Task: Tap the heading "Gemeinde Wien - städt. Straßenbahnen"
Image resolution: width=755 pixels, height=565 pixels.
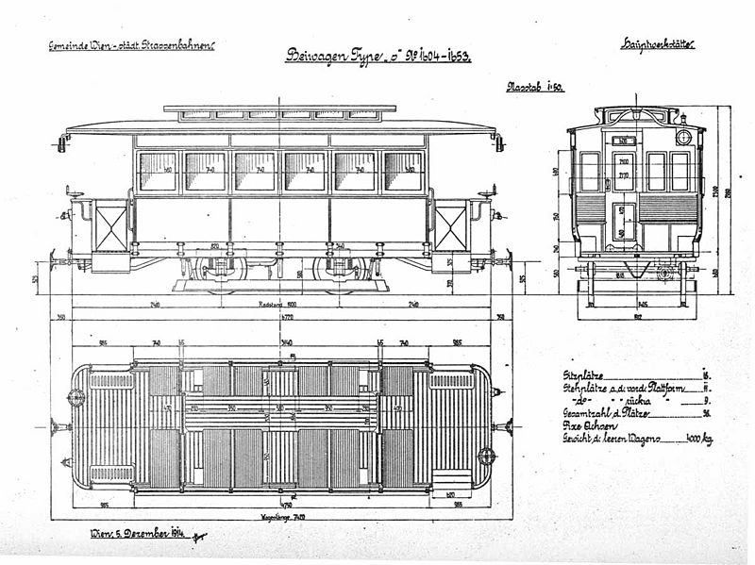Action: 131,45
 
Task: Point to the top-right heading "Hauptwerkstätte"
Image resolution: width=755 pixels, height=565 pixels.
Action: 658,44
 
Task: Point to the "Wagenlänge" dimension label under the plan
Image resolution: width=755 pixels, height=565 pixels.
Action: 280,517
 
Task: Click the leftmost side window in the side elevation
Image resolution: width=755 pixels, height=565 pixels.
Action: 158,172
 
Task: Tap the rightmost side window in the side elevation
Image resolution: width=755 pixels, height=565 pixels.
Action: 403,172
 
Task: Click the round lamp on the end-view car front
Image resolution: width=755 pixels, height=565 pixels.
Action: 683,138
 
